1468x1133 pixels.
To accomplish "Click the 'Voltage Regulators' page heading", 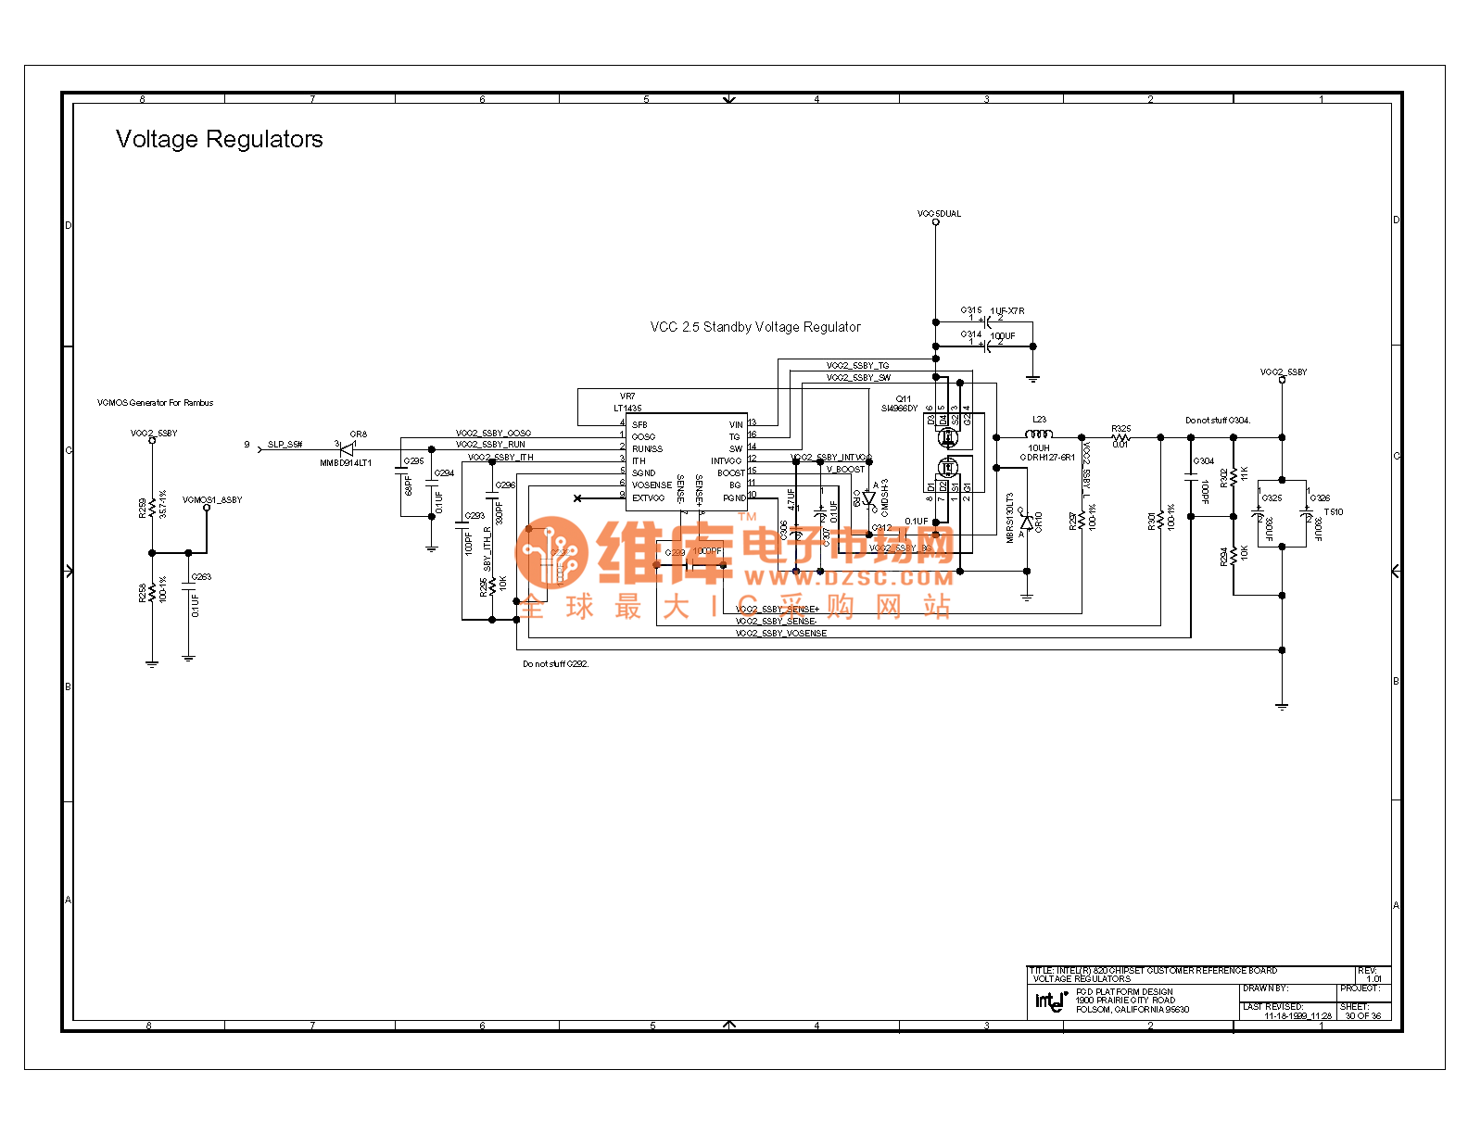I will click(x=220, y=139).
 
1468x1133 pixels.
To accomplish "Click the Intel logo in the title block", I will click(x=1050, y=1001).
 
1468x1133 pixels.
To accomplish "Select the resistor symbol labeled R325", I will click(x=1120, y=437).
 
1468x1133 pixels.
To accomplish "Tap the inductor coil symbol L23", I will click(x=1039, y=434).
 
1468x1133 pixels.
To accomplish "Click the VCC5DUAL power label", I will click(x=939, y=214).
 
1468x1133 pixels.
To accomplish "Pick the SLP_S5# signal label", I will click(x=285, y=445).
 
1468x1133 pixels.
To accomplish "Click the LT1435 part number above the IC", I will click(x=627, y=408).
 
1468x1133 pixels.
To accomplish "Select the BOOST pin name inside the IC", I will click(x=730, y=473).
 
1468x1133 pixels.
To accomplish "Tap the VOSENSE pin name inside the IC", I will click(x=652, y=485).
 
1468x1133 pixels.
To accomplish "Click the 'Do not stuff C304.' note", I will click(x=1217, y=421).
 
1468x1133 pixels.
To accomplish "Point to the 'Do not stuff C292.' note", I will click(x=555, y=664).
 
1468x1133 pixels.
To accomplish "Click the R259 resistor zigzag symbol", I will click(x=152, y=507).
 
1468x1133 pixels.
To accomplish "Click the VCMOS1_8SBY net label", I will click(x=212, y=500).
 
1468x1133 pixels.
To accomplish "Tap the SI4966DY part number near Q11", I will click(x=899, y=409).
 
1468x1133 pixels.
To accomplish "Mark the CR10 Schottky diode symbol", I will click(x=1026, y=523).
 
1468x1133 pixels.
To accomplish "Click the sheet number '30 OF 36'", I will click(x=1362, y=1016).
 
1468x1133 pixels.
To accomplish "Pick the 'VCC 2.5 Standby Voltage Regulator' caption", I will click(x=755, y=327).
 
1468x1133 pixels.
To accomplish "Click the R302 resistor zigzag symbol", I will click(x=1234, y=478).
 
